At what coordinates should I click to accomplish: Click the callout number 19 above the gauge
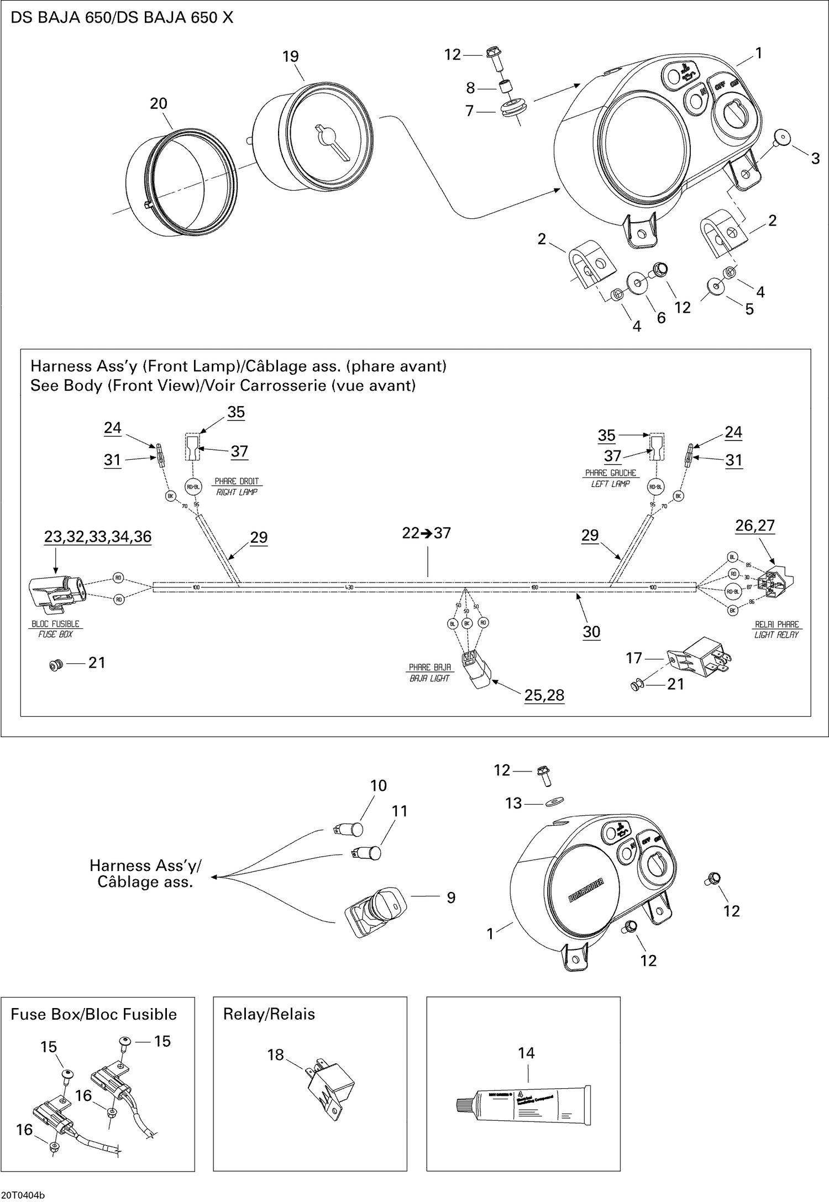[x=291, y=56]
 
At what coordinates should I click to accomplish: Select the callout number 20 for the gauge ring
[x=159, y=103]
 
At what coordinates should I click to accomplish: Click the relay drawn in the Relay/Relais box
[x=330, y=1084]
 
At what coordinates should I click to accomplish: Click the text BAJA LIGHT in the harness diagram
[x=429, y=678]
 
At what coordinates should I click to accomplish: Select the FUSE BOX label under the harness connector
[x=55, y=634]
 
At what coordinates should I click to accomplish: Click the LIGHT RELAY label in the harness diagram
[x=776, y=635]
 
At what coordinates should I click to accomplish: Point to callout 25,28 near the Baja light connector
[x=544, y=695]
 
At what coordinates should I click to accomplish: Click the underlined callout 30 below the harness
[x=591, y=632]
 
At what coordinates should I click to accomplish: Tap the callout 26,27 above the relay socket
[x=755, y=526]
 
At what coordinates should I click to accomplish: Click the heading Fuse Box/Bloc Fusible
[x=93, y=1014]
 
